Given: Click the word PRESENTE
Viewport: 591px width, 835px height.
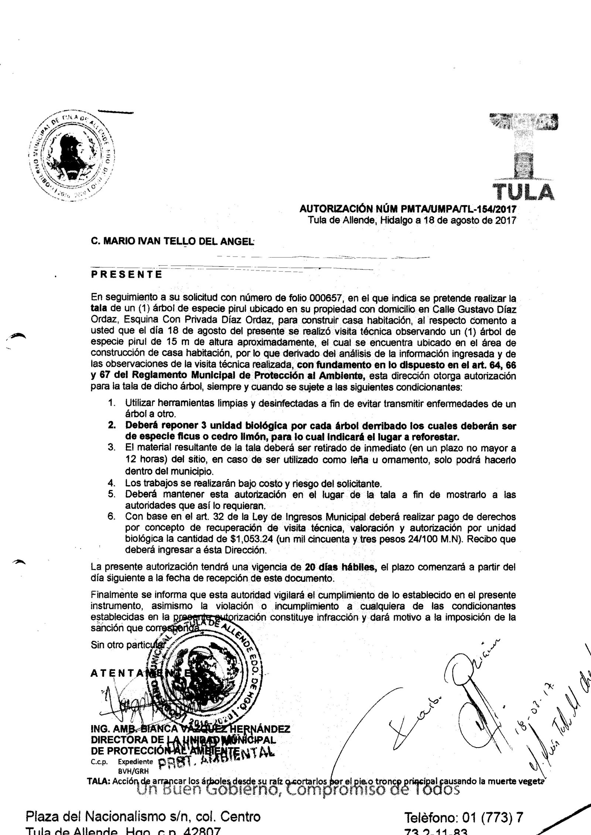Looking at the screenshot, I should pos(126,275).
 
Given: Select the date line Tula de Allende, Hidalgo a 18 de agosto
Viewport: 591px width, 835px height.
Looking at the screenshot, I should pos(412,221).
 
